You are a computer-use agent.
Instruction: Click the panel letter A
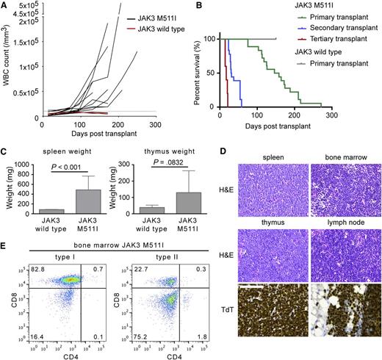(x=5, y=7)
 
